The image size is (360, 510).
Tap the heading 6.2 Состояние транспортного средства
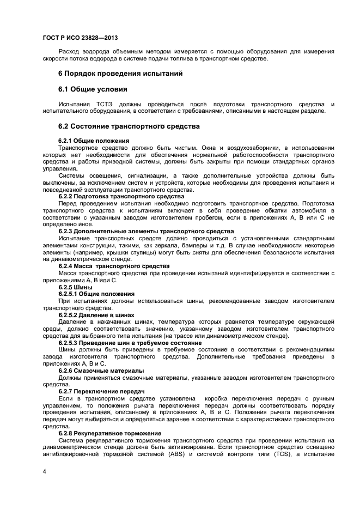(129, 126)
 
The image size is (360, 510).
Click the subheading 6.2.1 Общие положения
(94, 141)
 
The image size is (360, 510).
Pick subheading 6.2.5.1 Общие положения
(96, 294)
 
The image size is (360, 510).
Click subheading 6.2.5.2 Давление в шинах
(96, 315)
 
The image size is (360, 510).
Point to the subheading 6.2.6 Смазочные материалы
(101, 371)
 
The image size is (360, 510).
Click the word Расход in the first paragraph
(70, 52)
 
